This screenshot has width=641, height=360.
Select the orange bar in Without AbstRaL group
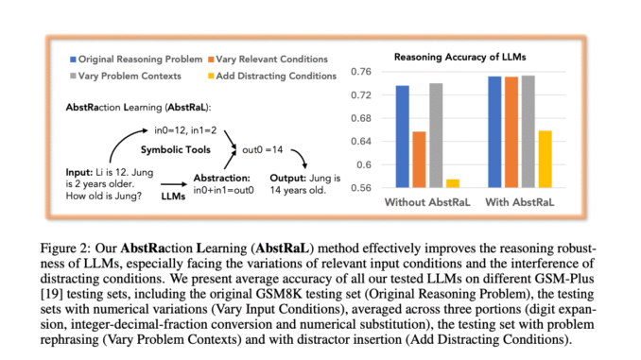pos(419,160)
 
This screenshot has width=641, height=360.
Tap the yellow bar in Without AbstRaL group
pos(453,183)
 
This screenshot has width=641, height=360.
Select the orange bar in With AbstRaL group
pos(511,132)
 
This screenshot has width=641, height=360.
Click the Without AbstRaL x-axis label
pos(428,202)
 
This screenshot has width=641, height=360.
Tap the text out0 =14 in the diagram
pos(263,149)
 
